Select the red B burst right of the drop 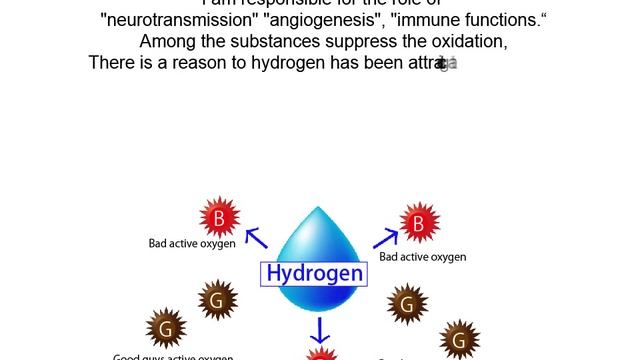(418, 223)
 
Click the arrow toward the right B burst (385, 238)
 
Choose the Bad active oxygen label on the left (190, 243)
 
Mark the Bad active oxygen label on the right (423, 257)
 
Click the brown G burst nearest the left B (217, 299)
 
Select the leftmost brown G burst (166, 328)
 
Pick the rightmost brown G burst (459, 340)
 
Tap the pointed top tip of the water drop (319, 208)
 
